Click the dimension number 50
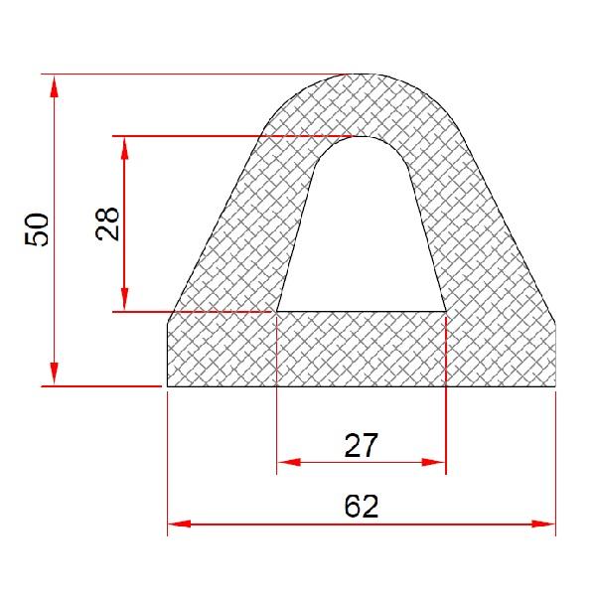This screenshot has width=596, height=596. [37, 229]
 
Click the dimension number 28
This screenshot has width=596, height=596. [107, 223]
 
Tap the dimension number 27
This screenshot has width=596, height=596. [362, 445]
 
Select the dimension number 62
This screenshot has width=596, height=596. [362, 506]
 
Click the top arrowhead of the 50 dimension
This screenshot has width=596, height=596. [54, 86]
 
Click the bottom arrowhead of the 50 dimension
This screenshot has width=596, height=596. [54, 373]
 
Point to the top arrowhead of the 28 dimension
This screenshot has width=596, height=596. [124, 149]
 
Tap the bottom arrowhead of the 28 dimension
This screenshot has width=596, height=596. [124, 299]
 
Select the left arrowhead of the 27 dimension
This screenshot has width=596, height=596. [289, 462]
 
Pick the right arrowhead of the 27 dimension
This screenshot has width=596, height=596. [433, 462]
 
